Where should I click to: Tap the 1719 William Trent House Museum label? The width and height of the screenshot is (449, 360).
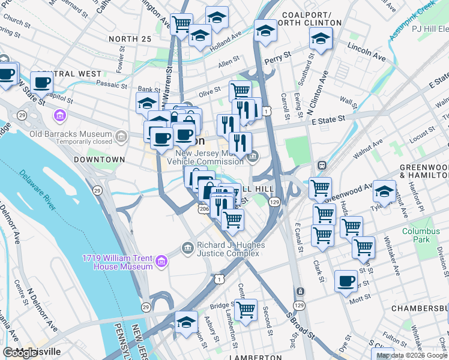tap(118, 262)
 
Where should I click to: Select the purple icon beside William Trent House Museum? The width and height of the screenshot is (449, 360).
tap(161, 262)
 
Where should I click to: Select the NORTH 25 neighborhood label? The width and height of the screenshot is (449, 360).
tap(130, 39)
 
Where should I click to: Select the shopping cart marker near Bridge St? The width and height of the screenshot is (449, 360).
tap(246, 310)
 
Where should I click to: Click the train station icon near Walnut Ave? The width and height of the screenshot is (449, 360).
tap(322, 164)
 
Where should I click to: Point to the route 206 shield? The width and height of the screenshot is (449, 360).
tap(203, 208)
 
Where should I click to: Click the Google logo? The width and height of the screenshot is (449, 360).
tap(20, 353)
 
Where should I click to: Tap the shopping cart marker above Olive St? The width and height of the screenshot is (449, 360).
tap(240, 91)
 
